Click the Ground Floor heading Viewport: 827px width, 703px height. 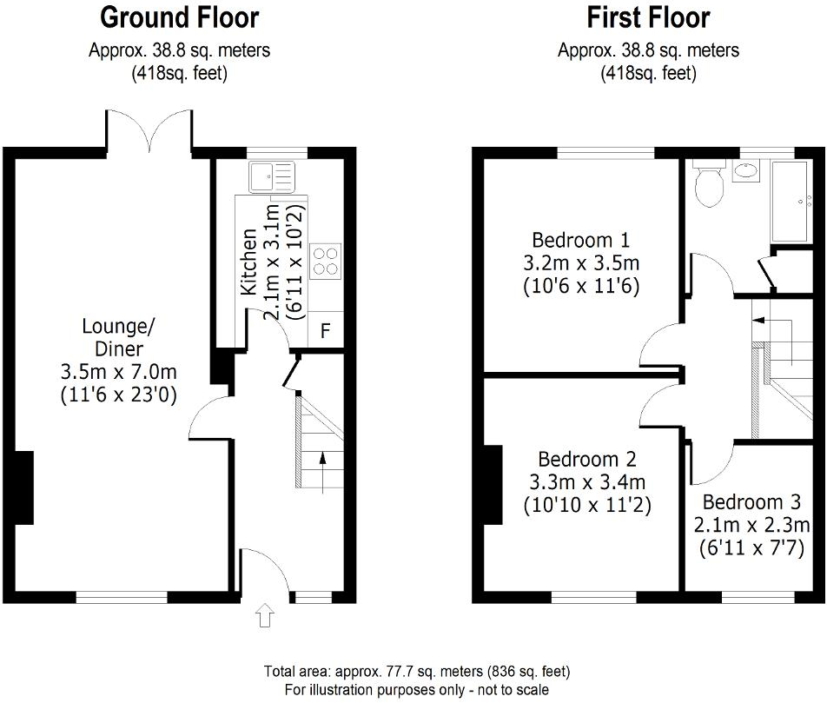click(x=179, y=17)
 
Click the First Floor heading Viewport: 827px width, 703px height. click(x=648, y=17)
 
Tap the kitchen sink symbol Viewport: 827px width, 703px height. click(x=272, y=177)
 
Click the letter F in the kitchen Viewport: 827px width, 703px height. click(x=327, y=330)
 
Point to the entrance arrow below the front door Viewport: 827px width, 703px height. click(x=266, y=617)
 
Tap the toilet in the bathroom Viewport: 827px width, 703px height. click(x=709, y=186)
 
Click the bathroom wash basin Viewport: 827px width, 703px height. click(x=745, y=172)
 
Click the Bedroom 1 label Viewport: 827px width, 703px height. click(x=581, y=240)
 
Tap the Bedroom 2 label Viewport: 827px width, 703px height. click(x=587, y=459)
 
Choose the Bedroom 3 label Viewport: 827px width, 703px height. click(x=751, y=502)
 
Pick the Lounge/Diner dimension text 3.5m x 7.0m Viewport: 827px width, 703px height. click(x=118, y=372)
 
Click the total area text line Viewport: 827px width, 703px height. click(x=417, y=672)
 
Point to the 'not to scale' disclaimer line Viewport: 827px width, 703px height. click(x=417, y=689)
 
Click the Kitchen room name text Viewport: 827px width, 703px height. click(x=248, y=261)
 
